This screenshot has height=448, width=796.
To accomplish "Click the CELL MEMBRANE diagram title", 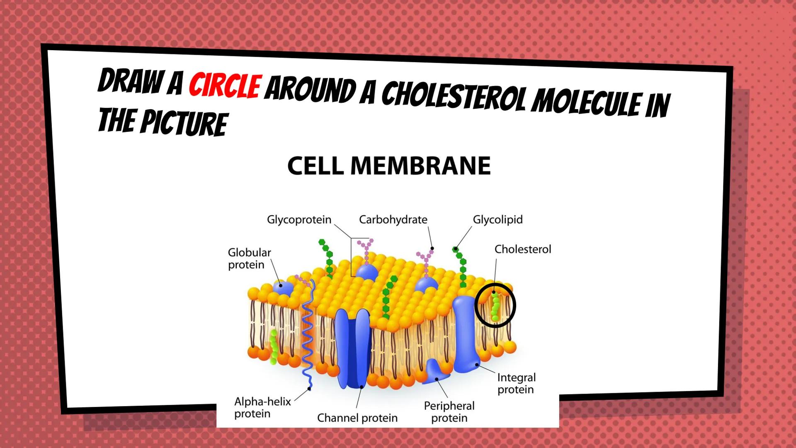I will (389, 166).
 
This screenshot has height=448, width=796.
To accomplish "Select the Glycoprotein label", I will (299, 219).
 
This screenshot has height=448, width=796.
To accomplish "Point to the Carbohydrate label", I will (393, 219).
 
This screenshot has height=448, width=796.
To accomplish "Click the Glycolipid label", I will (498, 219).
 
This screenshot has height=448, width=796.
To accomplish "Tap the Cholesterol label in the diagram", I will (523, 249).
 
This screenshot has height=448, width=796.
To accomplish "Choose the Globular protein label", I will (249, 258).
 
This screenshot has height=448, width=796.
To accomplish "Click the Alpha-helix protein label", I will (262, 407).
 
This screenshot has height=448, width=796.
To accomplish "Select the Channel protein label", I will (357, 418).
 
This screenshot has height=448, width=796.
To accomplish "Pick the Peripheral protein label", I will (449, 411).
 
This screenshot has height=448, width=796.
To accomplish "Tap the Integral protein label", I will (516, 383).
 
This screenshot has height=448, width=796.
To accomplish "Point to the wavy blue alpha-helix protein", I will (308, 332).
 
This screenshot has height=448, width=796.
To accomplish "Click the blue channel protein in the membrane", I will (352, 348).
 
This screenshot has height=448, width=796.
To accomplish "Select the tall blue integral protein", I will (466, 332).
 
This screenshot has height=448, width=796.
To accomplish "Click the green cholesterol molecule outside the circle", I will (273, 347).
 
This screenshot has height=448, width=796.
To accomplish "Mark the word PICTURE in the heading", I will (184, 123).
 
